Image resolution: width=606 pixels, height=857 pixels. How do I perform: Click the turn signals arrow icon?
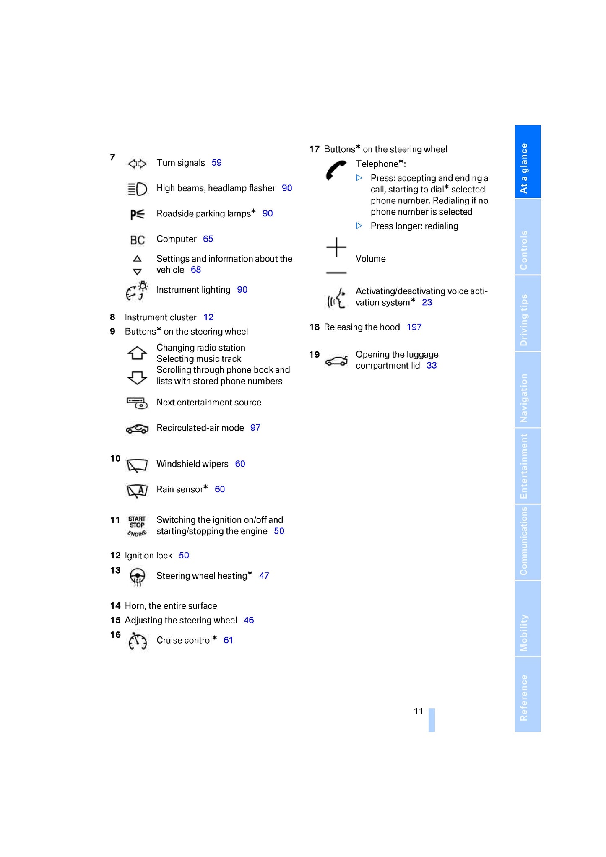click(137, 164)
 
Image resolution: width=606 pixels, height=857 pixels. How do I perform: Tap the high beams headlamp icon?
click(137, 189)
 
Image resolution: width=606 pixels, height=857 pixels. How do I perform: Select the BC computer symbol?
click(137, 240)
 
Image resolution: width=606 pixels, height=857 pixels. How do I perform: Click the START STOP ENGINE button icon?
click(137, 526)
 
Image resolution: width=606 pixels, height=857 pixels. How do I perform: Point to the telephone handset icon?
click(336, 170)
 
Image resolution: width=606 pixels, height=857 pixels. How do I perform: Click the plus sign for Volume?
click(336, 247)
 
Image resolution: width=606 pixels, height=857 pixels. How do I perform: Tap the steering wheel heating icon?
click(137, 577)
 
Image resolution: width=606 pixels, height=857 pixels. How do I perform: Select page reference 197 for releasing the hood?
click(414, 327)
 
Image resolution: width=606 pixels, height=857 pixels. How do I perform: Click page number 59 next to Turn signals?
click(216, 163)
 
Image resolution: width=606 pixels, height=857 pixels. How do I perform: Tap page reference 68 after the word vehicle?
click(195, 270)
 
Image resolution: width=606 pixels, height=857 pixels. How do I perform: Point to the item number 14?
click(115, 606)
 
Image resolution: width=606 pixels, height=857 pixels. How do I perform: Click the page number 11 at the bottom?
click(419, 711)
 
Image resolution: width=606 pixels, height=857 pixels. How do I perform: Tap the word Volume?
click(370, 259)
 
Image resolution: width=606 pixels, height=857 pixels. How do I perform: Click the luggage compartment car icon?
click(336, 361)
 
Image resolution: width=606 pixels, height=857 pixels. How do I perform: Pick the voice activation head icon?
click(337, 298)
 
